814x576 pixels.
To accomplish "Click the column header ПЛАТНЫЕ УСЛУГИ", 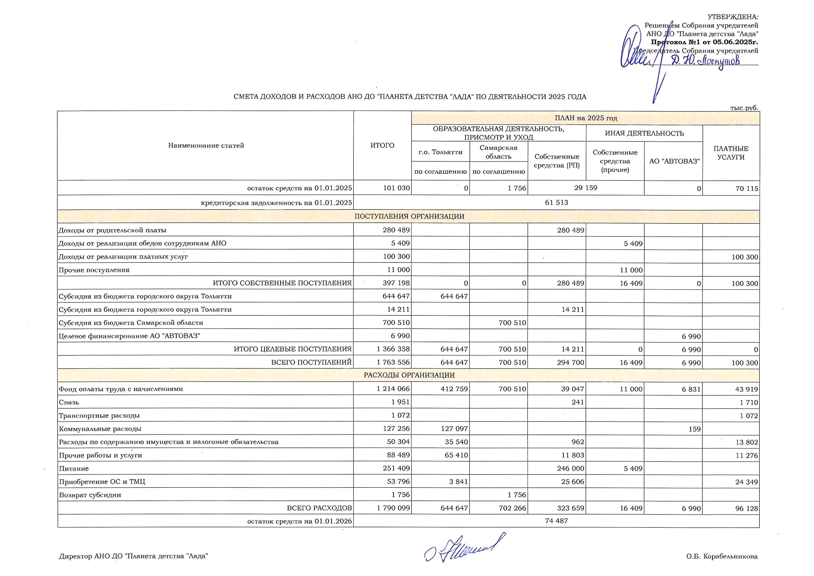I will click(x=731, y=153).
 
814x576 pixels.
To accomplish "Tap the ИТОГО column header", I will click(x=382, y=145).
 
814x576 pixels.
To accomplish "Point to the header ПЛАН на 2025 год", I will click(x=585, y=118).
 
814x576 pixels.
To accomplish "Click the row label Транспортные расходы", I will click(x=99, y=415).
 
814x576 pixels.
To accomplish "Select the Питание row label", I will click(x=74, y=468).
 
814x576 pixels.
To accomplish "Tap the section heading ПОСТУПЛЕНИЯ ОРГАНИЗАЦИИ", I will click(x=409, y=216).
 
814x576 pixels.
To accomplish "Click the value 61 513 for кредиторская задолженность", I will click(x=556, y=203).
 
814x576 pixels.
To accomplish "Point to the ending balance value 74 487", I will click(x=556, y=521).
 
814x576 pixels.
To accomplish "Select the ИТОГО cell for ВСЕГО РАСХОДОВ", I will click(x=393, y=508).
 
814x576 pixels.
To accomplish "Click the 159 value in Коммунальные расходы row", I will click(x=694, y=429).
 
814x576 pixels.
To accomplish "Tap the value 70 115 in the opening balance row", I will click(x=747, y=189).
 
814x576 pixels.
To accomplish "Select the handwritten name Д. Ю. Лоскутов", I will click(x=706, y=61).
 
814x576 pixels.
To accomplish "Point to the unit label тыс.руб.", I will click(x=744, y=108).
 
